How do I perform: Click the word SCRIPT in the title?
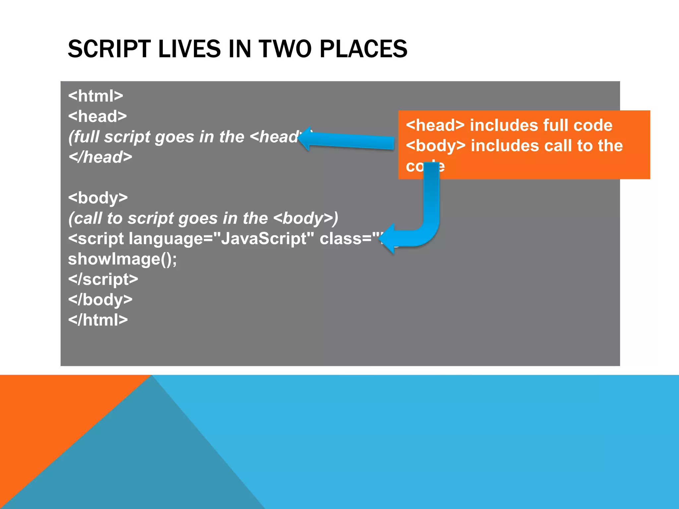tap(109, 49)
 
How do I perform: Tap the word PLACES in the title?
tap(363, 49)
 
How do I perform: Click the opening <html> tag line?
tap(95, 96)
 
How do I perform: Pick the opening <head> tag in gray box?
tap(97, 116)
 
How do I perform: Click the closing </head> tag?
tap(100, 157)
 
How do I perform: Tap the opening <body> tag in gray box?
tap(98, 198)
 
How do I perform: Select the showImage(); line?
tap(122, 259)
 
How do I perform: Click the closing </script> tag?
tap(103, 279)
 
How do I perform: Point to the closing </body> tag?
tap(100, 300)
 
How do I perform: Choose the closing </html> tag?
tap(98, 320)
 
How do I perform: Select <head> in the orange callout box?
tap(435, 125)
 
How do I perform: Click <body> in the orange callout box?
tap(435, 146)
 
